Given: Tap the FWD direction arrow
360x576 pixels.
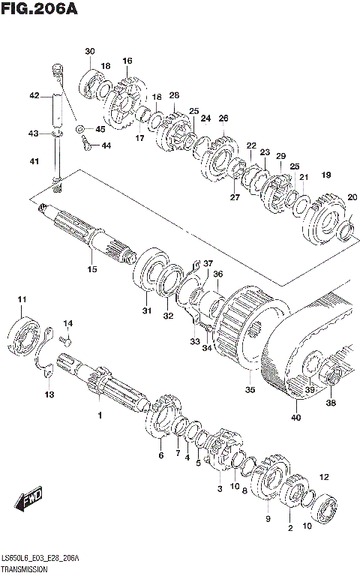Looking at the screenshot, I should point(29,498).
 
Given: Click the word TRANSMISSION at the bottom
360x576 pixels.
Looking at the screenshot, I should point(26,570).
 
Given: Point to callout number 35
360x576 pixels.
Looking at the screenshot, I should point(250,389).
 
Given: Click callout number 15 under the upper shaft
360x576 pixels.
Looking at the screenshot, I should point(92,269).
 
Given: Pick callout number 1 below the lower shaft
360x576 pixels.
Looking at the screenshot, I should point(98,415).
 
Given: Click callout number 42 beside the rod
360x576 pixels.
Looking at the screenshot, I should point(34,95).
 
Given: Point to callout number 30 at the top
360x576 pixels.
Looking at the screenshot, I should point(89,51).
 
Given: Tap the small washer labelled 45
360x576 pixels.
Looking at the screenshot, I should point(80,129).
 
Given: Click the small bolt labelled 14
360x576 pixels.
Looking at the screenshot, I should point(65,342).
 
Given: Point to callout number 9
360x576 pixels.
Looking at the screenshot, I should point(267,519).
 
